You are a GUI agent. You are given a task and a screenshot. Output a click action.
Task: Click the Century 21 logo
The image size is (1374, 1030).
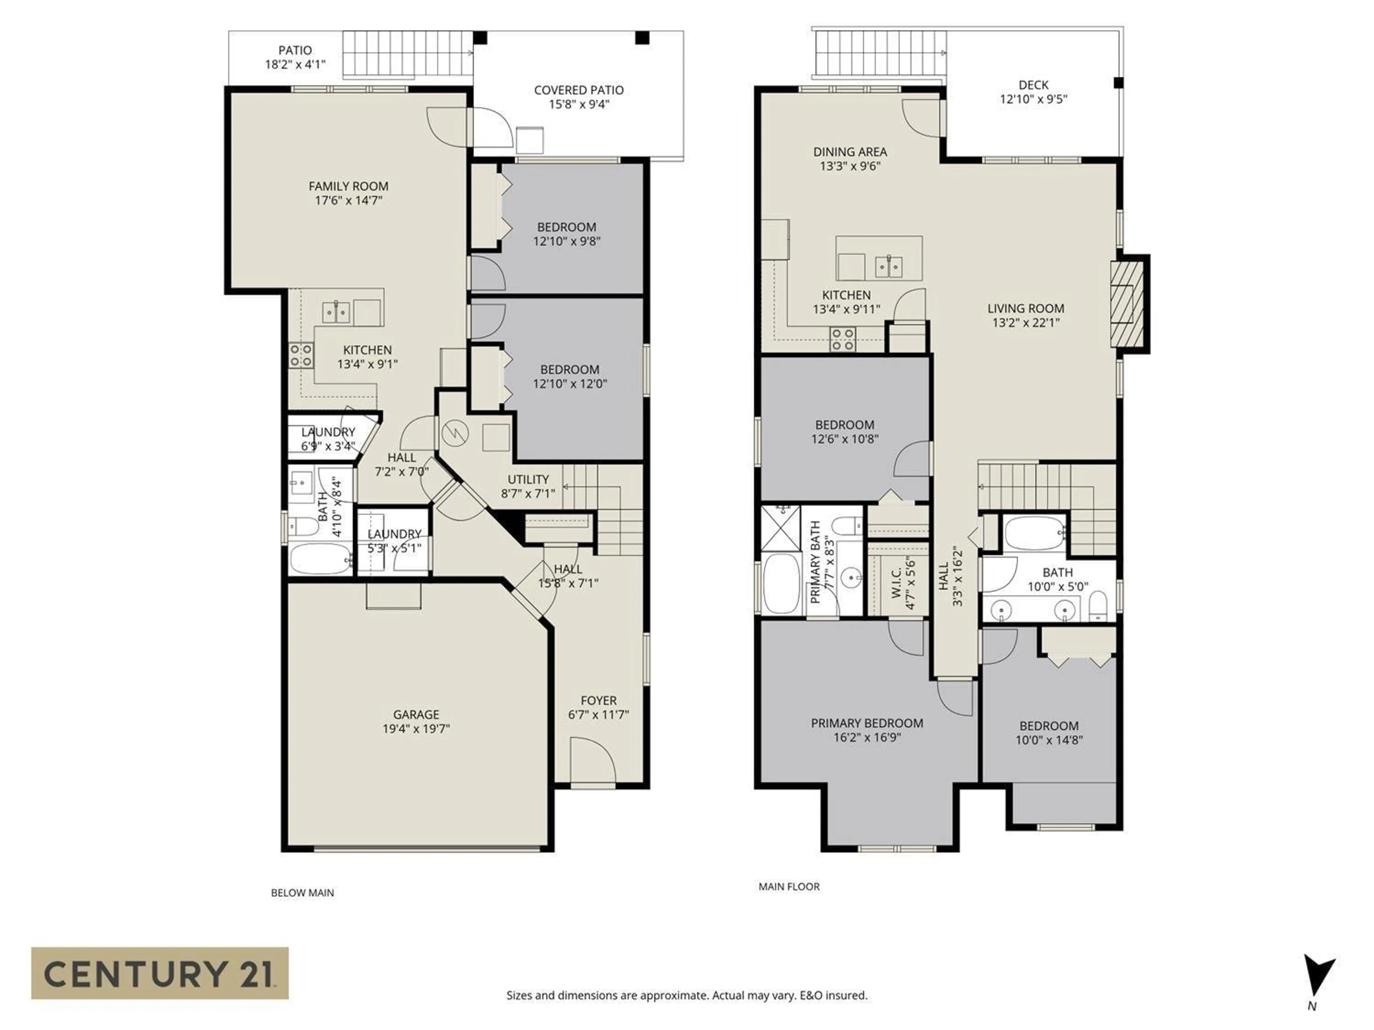pos(160,973)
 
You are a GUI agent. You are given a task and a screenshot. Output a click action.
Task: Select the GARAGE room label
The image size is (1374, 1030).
pos(415,715)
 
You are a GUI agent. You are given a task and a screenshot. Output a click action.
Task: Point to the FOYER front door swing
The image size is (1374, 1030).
pos(592,759)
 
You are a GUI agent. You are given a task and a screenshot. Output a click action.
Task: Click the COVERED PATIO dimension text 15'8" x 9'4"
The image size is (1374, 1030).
pos(578,104)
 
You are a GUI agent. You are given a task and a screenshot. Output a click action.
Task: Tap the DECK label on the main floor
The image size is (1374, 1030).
pos(1033,85)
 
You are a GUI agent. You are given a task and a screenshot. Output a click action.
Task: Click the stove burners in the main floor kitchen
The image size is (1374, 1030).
pos(843,340)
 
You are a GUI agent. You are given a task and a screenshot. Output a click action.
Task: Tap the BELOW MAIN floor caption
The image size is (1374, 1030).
pos(302,893)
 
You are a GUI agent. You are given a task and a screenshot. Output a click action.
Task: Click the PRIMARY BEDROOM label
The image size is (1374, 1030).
pos(867,723)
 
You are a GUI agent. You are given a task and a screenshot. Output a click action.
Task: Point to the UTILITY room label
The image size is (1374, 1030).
pos(528,479)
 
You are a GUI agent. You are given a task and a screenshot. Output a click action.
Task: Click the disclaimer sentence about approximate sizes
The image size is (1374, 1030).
pos(686,995)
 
